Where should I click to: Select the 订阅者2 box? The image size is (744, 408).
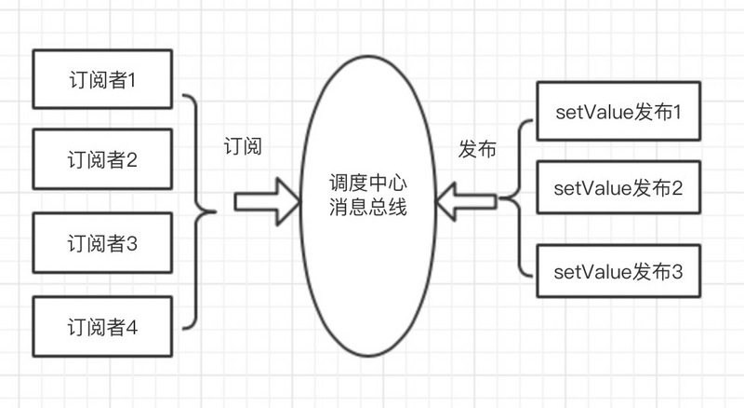pyautogui.click(x=101, y=159)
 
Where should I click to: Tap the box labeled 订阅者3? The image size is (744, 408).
pyautogui.click(x=101, y=244)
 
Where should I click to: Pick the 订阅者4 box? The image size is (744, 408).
pyautogui.click(x=101, y=326)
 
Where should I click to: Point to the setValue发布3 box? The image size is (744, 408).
pyautogui.click(x=618, y=271)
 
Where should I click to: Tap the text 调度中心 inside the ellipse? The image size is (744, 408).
pyautogui.click(x=370, y=184)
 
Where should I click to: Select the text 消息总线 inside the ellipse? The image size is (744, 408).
pyautogui.click(x=370, y=211)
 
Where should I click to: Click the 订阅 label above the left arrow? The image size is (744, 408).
pyautogui.click(x=244, y=146)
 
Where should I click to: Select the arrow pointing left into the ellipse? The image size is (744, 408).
pyautogui.click(x=470, y=199)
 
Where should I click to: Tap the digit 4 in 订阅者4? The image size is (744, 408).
pyautogui.click(x=132, y=327)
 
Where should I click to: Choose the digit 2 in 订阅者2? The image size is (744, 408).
pyautogui.click(x=132, y=159)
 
